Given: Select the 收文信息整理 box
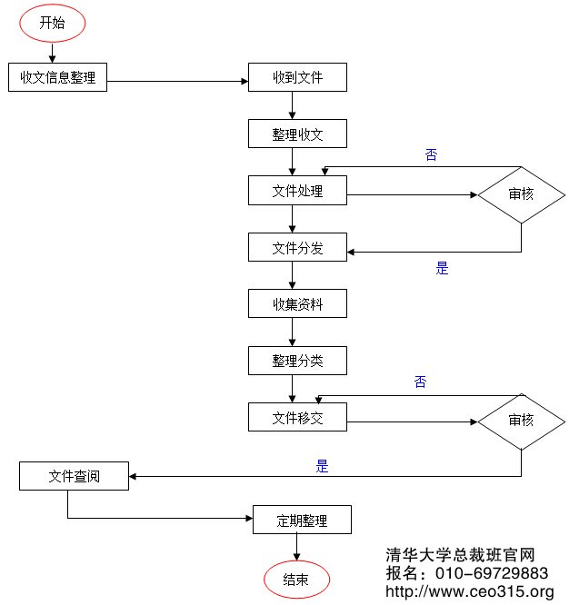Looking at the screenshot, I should [57, 78].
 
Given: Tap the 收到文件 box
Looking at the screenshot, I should [298, 78].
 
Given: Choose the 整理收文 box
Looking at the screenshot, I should [298, 134].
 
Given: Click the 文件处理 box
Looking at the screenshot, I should [298, 191].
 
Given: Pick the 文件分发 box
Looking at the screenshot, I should [298, 247].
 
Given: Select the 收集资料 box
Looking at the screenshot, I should [298, 304].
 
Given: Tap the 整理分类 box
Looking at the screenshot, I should [298, 361].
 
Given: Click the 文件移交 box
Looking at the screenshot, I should [298, 418].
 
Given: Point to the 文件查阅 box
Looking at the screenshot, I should [75, 475].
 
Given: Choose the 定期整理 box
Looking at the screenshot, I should [302, 521].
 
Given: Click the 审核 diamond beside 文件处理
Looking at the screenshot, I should [521, 193].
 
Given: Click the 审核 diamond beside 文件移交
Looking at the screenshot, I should [521, 421].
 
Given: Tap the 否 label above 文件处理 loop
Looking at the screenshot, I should [432, 155].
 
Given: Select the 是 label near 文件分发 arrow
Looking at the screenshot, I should [443, 269].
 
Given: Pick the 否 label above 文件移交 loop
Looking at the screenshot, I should [420, 382].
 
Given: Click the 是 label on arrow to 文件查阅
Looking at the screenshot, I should [322, 467].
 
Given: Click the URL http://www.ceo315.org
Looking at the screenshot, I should [470, 592].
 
